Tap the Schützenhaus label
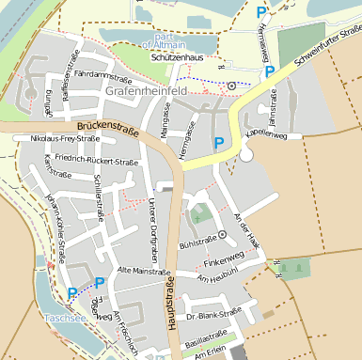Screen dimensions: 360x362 (x=178, y=58)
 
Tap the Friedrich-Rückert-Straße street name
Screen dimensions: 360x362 (x=96, y=161)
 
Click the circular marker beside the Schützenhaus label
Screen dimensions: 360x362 (x=231, y=86)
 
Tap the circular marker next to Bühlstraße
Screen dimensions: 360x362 (x=223, y=234)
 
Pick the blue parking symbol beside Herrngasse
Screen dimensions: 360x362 (x=219, y=143)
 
